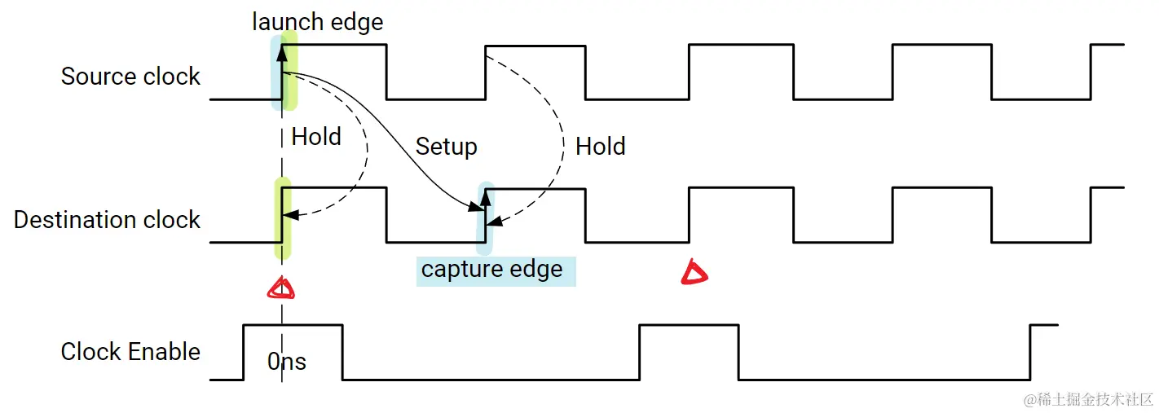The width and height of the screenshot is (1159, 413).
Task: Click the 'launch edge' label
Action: tap(317, 22)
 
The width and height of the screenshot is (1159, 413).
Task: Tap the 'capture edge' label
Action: tap(491, 270)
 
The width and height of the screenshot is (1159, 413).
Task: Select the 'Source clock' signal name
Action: tap(130, 77)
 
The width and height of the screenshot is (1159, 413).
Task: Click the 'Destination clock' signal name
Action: tap(107, 220)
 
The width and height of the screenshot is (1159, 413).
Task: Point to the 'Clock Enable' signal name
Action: tap(130, 352)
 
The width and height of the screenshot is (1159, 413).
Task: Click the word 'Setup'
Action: tap(446, 147)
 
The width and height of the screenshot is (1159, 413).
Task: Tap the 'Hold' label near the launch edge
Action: tap(316, 137)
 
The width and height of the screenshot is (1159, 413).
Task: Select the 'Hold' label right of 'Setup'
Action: tap(600, 147)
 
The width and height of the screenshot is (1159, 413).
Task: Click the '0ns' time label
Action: tap(287, 362)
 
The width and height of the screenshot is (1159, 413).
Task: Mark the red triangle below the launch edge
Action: tap(281, 288)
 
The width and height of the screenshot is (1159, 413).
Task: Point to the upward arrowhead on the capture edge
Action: tap(486, 198)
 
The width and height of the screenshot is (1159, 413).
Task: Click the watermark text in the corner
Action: tap(1088, 399)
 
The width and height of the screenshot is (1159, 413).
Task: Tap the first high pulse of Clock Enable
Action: tap(293, 325)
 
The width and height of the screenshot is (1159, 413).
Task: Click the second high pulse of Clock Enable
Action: tap(689, 325)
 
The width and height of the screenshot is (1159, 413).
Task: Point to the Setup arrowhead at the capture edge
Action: tap(477, 209)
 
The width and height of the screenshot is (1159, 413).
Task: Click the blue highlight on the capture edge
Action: tap(486, 214)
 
